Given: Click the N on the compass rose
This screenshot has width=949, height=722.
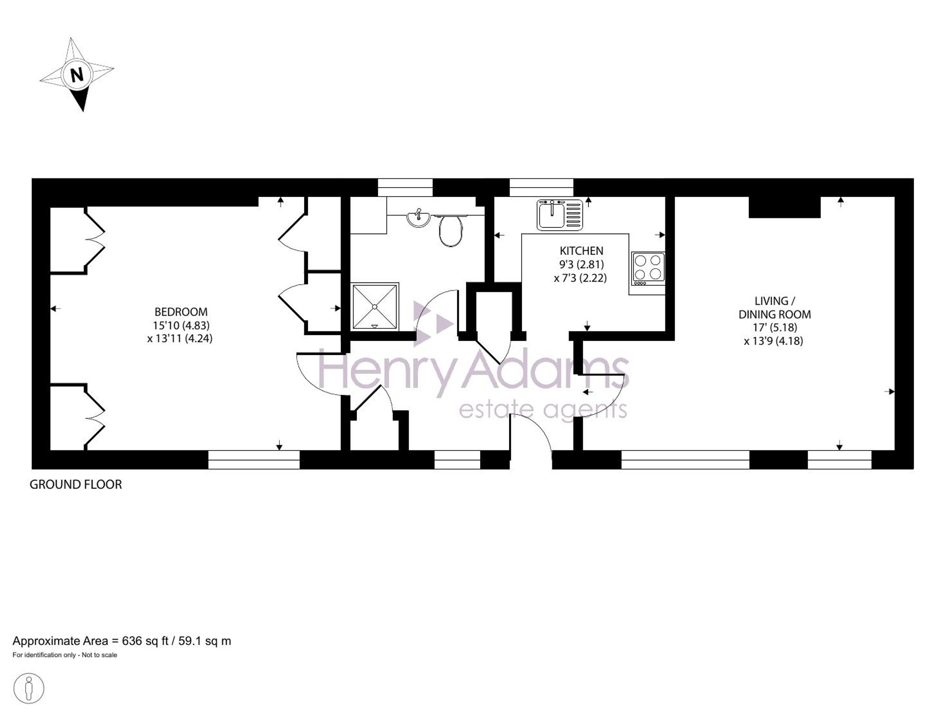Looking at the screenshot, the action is (77, 75).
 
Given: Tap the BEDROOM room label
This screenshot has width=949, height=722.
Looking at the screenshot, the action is (181, 312).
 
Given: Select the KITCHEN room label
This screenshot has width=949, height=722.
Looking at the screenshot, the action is (581, 251).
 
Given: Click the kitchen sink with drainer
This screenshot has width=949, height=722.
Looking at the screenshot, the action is (560, 215).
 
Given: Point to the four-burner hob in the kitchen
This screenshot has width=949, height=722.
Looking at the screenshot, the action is (648, 269).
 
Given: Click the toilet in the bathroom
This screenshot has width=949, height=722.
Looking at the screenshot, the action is (450, 230).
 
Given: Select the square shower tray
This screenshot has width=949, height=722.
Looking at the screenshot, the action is (375, 306).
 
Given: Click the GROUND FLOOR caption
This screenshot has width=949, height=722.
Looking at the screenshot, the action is (76, 484).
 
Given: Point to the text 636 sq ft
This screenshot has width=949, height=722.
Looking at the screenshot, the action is (145, 641).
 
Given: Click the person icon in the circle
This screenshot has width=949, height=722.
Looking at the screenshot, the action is (29, 688).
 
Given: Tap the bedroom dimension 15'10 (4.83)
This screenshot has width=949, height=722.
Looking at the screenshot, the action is (181, 325).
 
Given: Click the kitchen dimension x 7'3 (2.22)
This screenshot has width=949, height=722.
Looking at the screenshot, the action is (580, 278).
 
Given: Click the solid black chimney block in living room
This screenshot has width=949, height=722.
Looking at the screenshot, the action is (784, 207).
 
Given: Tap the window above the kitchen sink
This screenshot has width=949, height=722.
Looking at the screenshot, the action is (541, 188).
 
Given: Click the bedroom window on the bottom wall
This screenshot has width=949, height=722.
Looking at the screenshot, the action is (254, 459).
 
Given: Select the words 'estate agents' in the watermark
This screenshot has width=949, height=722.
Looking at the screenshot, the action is (543, 410).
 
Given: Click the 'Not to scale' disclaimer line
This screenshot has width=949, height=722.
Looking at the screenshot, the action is (65, 655).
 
